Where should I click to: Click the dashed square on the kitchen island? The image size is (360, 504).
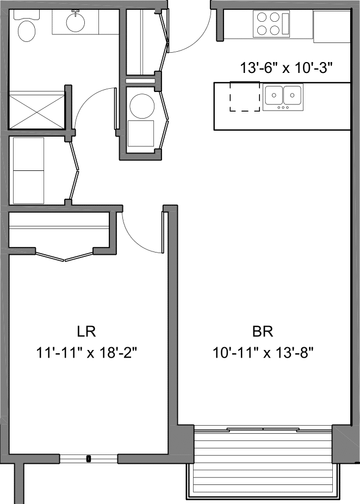click(245, 96)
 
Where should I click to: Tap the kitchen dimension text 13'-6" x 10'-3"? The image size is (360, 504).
click(286, 68)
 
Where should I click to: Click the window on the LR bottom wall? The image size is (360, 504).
click(89, 458)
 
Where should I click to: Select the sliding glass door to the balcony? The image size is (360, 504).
click(263, 429)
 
